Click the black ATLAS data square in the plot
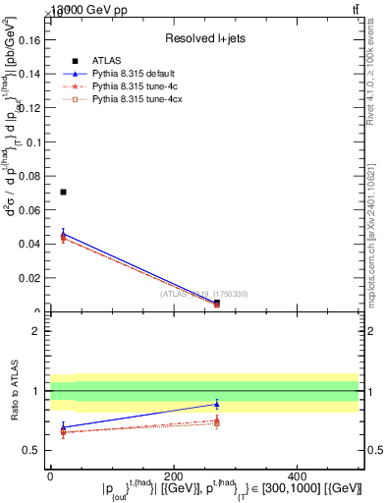pos(63,192)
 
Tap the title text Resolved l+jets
pos(203,38)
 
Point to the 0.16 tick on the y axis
pos(34,40)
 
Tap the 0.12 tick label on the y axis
pos(34,108)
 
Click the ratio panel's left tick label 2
pos(37,331)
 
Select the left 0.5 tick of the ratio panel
pos(34,450)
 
